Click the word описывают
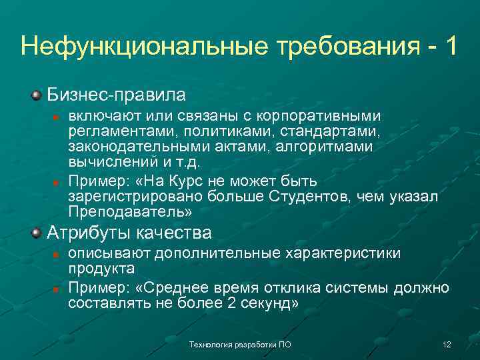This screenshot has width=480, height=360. pyautogui.click(x=111, y=254)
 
